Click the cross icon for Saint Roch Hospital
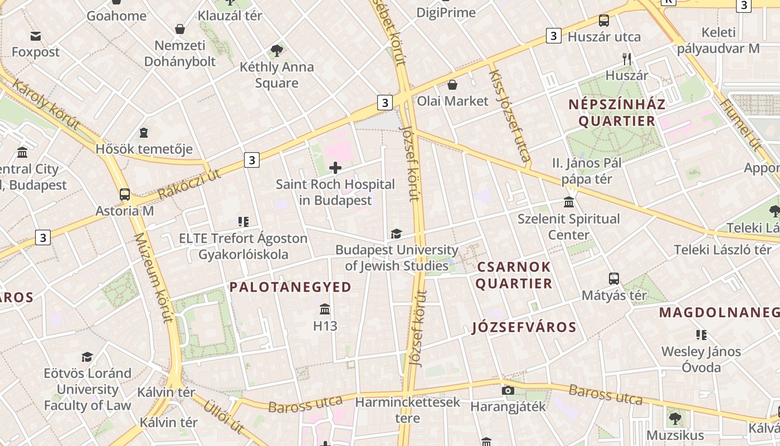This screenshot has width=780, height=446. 335,167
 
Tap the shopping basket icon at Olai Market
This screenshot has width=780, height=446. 452,85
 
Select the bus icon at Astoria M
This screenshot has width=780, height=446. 125,195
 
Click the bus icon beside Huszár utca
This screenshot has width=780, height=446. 603,21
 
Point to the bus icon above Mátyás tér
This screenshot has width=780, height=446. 614,278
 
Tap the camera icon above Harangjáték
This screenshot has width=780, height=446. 508,390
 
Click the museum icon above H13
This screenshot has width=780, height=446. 325,309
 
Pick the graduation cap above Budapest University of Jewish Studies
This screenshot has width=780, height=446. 396,234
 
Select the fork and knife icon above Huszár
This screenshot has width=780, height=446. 627,59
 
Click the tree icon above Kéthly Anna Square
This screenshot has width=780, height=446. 276,51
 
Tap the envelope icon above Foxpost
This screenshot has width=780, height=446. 36,36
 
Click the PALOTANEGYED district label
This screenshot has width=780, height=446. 290,287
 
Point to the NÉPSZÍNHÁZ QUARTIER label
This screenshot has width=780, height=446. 617,113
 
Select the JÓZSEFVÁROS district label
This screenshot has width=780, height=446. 524,327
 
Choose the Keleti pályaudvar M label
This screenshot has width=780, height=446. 718,40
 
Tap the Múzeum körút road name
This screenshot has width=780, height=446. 154,277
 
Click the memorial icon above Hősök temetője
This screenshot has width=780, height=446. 144,133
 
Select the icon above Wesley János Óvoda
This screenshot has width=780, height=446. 701,335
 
